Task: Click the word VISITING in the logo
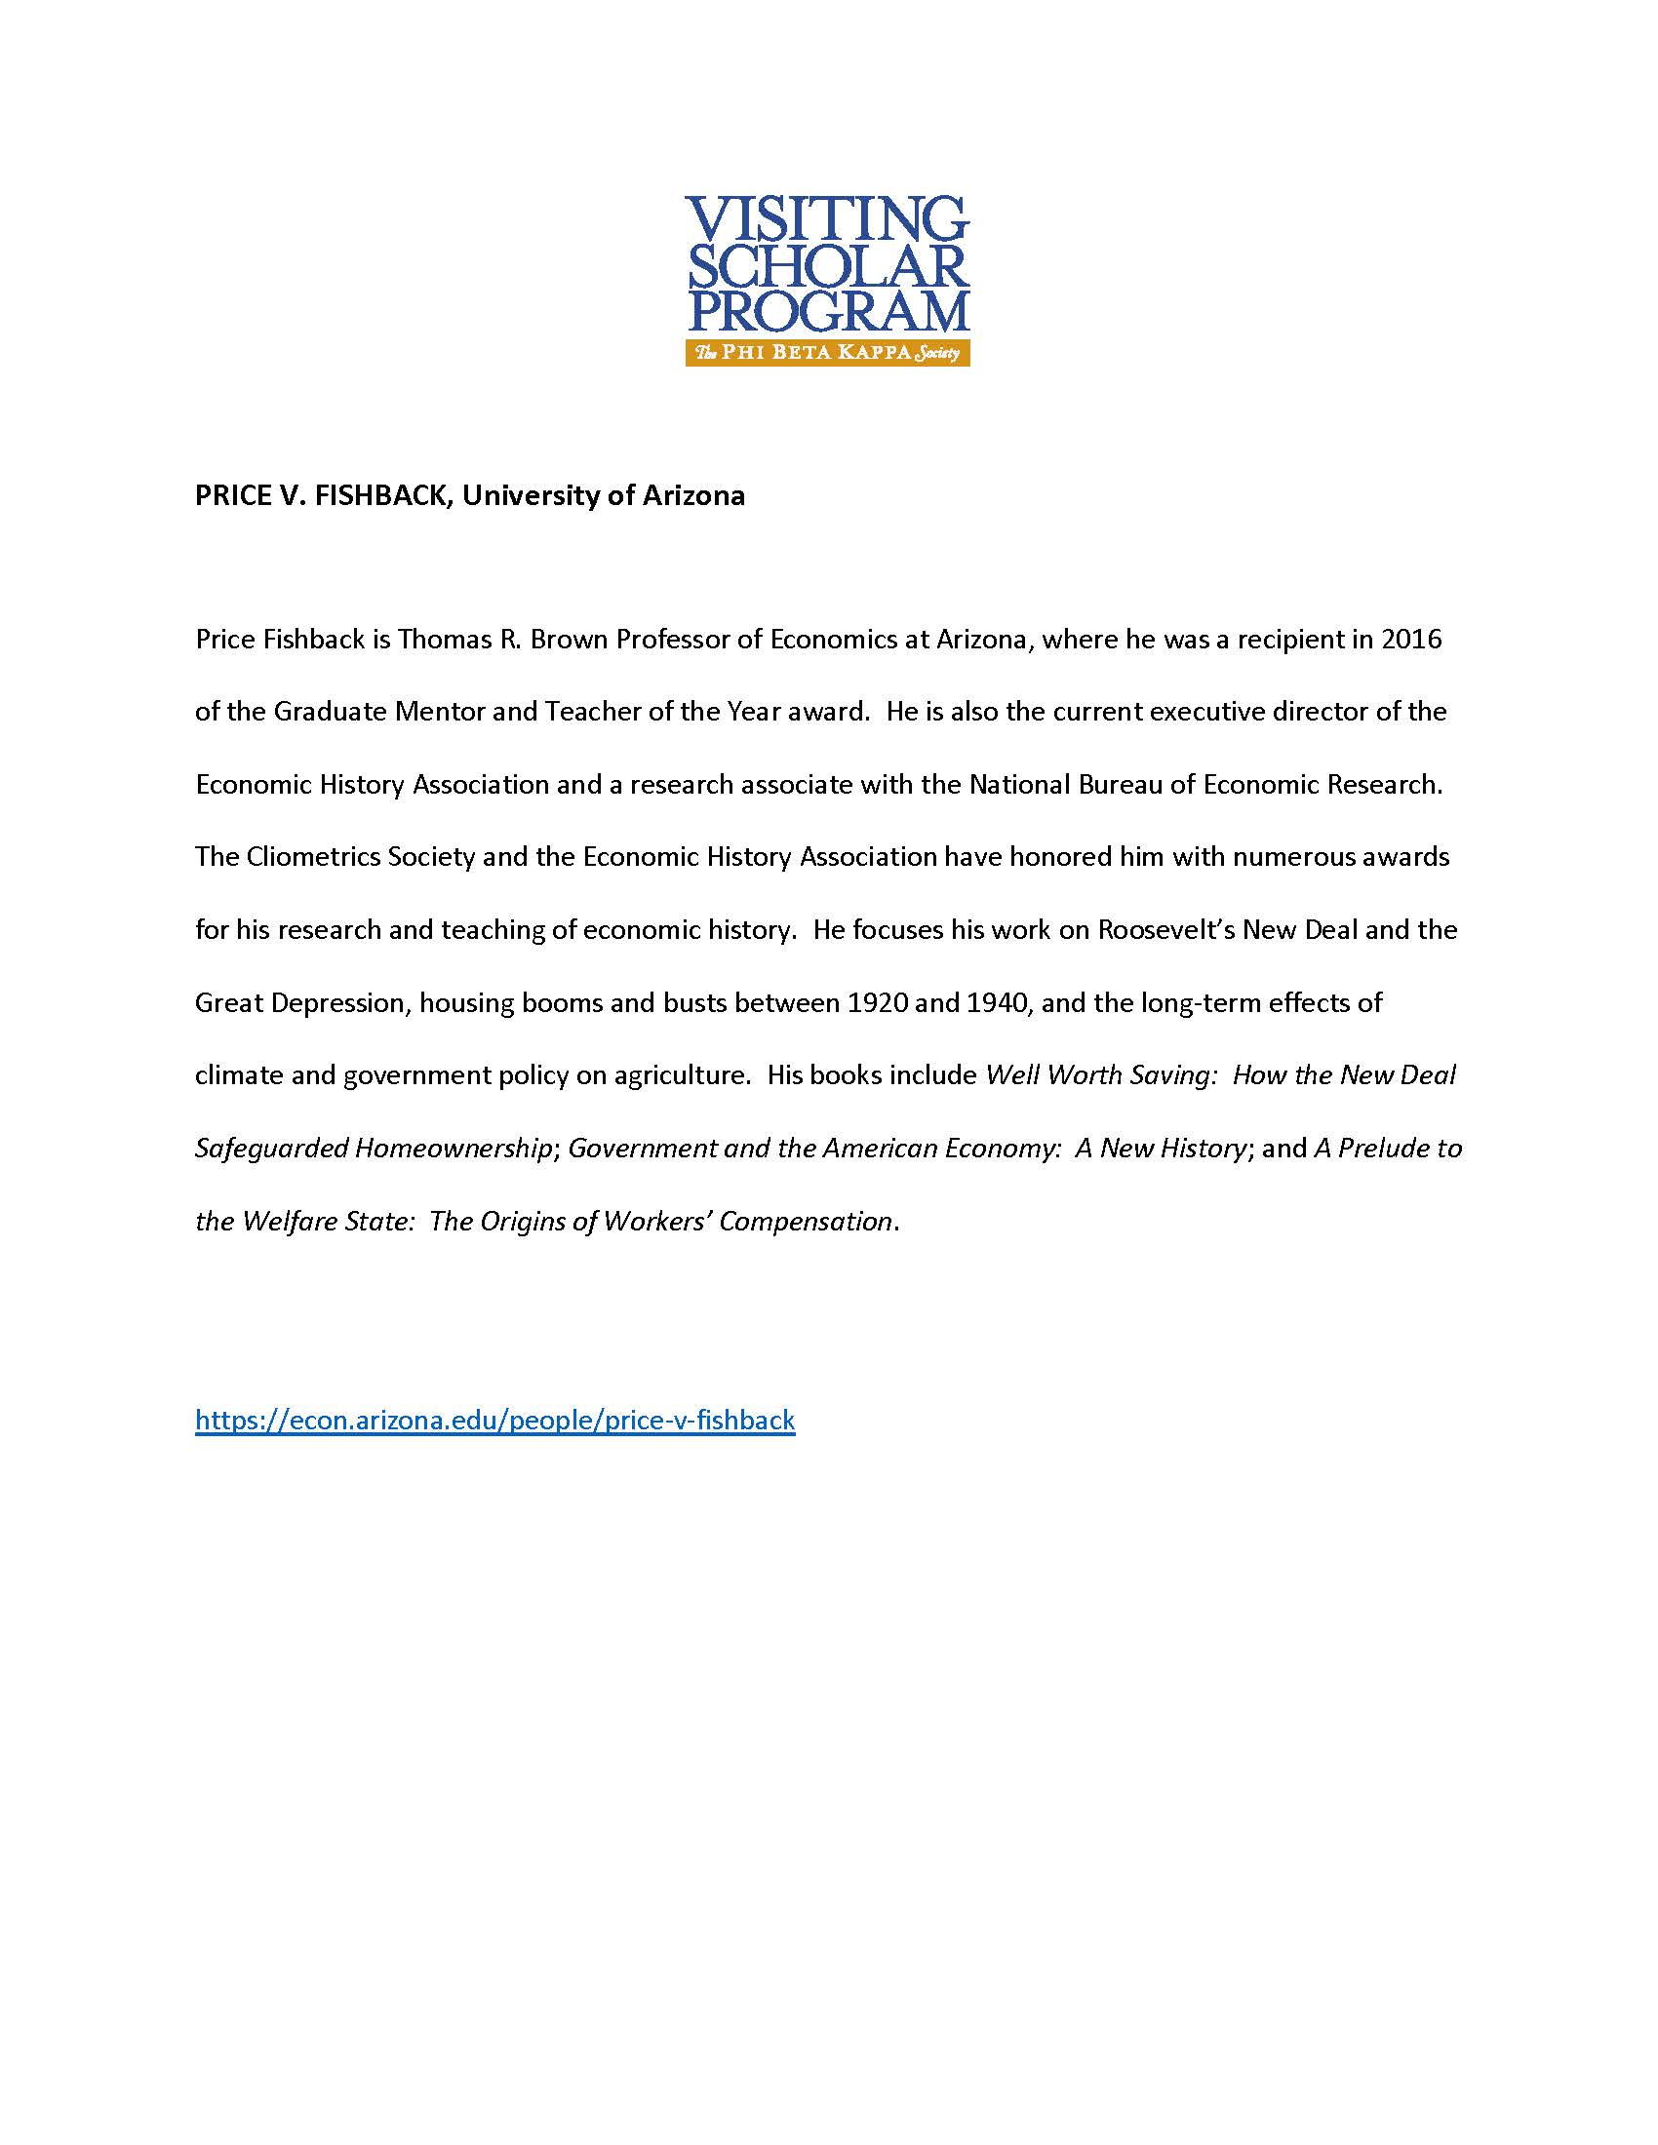[827, 219]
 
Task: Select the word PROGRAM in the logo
[827, 311]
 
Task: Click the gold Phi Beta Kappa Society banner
[827, 354]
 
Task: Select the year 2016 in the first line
[1411, 641]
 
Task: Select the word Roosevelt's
[1165, 930]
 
